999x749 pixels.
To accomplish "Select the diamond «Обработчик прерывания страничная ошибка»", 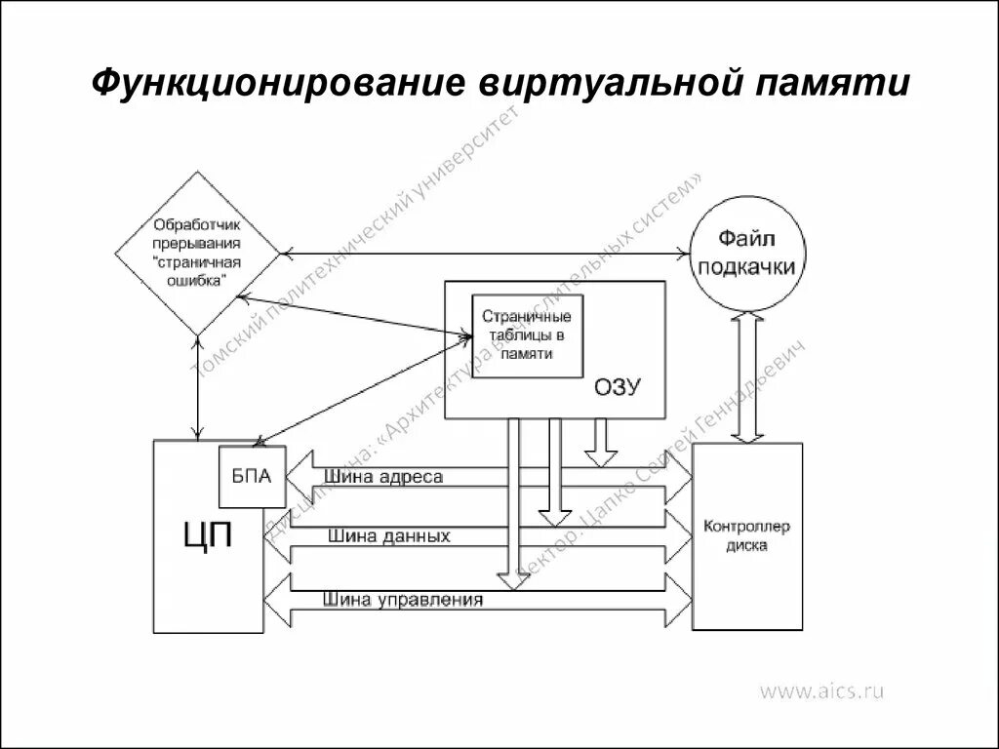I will point(197,254).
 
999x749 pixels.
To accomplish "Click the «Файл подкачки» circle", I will point(748,252).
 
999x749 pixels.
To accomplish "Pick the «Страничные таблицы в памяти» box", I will point(527,335).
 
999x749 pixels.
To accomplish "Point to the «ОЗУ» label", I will point(617,387).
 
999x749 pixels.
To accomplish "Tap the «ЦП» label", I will point(208,535).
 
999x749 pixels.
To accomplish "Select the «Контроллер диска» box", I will point(746,535).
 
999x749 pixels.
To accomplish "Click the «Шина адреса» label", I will point(384,477).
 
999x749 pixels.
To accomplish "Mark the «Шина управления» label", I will point(403,600).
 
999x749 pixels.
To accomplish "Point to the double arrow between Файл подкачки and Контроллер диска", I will point(748,375).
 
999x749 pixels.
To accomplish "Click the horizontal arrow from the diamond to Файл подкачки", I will point(488,255).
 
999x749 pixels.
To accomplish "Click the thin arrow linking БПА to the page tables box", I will point(361,390).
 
